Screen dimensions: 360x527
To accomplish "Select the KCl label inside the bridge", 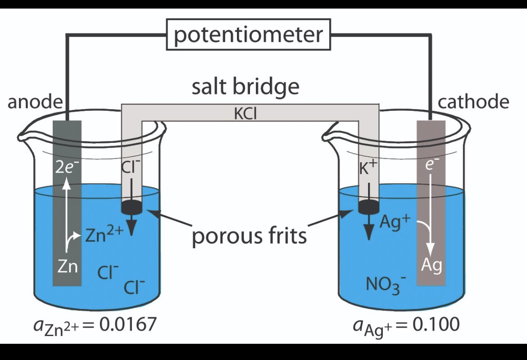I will point(245,113).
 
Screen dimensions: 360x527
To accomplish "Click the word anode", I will point(34,102).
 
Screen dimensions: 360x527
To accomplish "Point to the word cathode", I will point(473,102).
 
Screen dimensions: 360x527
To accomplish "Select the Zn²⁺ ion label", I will point(102,234).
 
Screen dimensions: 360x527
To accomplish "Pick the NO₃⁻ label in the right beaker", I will point(386,285).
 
